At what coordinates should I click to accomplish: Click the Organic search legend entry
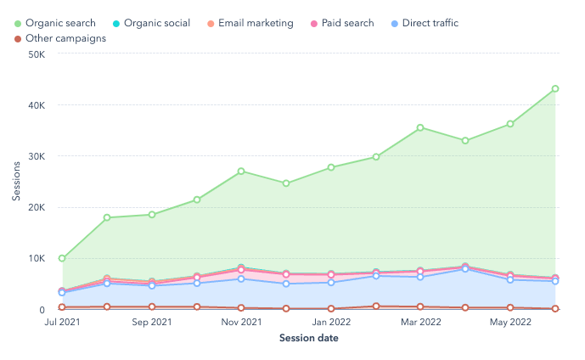point(59,23)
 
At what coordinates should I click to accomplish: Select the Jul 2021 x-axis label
point(62,323)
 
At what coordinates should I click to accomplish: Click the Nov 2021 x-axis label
point(241,323)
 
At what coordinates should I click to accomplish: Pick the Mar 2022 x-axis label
point(420,323)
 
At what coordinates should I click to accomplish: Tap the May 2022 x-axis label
point(510,323)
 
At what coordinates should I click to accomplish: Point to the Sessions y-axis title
point(16,182)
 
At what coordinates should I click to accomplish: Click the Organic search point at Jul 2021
point(62,258)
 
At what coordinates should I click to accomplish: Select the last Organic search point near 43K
point(555,88)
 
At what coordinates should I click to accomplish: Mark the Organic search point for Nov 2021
point(241,172)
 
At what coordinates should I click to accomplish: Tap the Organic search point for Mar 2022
point(420,128)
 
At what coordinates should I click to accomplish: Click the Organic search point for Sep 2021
point(152,215)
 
